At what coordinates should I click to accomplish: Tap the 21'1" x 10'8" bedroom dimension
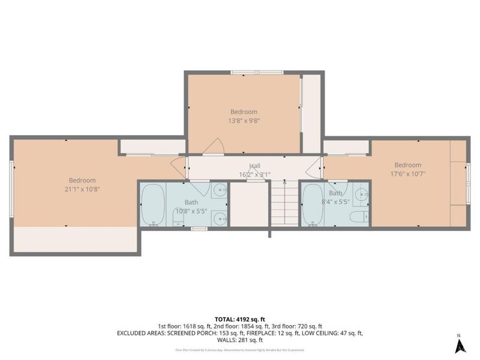pyautogui.click(x=82, y=189)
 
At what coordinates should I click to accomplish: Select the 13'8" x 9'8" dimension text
pyautogui.click(x=244, y=120)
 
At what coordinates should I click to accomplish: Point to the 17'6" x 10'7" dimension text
pyautogui.click(x=407, y=174)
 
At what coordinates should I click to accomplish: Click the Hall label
pyautogui.click(x=255, y=166)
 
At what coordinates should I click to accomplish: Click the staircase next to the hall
pyautogui.click(x=284, y=204)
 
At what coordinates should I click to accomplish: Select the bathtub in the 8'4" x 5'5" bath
pyautogui.click(x=313, y=205)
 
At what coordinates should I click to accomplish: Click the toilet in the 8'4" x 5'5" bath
pyautogui.click(x=358, y=217)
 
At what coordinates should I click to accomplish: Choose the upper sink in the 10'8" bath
pyautogui.click(x=220, y=192)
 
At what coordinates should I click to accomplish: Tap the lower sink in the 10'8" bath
pyautogui.click(x=220, y=218)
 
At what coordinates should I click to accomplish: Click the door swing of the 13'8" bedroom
pyautogui.click(x=214, y=146)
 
